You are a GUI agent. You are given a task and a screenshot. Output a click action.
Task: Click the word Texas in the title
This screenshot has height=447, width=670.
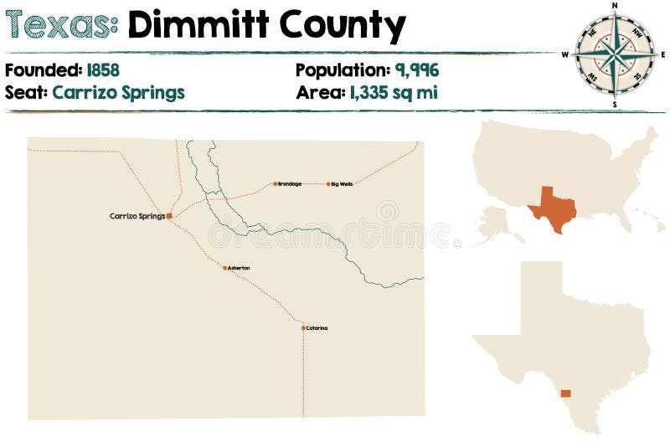click(x=60, y=27)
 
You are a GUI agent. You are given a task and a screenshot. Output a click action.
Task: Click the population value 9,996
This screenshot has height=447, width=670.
click(x=417, y=70)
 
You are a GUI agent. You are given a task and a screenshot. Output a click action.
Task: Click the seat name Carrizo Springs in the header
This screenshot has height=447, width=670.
click(x=118, y=92)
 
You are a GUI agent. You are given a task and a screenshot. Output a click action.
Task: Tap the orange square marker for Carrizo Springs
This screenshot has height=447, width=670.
click(x=169, y=216)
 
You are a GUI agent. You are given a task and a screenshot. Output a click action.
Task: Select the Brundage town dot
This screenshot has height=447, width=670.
click(x=275, y=183)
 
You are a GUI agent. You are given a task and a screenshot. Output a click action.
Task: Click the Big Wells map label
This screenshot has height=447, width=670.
click(x=342, y=183)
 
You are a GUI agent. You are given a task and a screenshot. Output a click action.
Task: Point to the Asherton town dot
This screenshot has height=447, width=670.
click(x=224, y=268)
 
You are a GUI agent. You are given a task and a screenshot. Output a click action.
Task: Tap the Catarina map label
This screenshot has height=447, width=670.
click(x=317, y=328)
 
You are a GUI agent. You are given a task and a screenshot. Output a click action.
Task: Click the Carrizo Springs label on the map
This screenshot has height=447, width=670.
click(x=137, y=216)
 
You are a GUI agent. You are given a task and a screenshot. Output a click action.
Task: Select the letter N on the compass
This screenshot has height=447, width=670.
click(x=615, y=5)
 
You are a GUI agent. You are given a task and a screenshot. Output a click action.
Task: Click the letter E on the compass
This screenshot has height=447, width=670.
click(x=662, y=54)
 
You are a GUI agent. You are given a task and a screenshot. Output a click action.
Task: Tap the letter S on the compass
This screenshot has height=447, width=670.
click(x=615, y=105)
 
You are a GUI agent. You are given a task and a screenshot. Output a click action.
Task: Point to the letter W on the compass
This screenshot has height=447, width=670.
click(x=565, y=54)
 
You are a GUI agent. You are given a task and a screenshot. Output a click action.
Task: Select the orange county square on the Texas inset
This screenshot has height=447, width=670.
click(x=566, y=393)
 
